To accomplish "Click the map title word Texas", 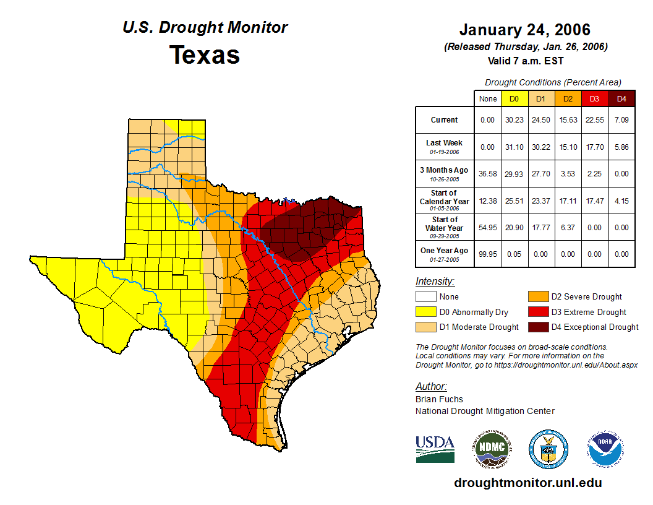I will tap(205, 55).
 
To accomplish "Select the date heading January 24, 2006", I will tap(525, 30).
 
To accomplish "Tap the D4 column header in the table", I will tap(621, 98).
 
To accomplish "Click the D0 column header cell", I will tap(514, 98).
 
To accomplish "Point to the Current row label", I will tap(445, 120).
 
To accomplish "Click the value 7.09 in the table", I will tap(621, 120).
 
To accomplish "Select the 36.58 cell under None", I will tap(488, 173).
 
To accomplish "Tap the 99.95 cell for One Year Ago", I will tap(488, 254).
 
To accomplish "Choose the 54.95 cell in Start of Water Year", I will tap(488, 227).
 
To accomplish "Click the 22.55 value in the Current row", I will tap(595, 120).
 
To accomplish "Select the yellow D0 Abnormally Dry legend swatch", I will tap(426, 312).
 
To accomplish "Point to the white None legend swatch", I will tap(426, 297).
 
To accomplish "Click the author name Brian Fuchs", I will tap(439, 399).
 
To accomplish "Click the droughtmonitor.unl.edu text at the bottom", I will tap(527, 483).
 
